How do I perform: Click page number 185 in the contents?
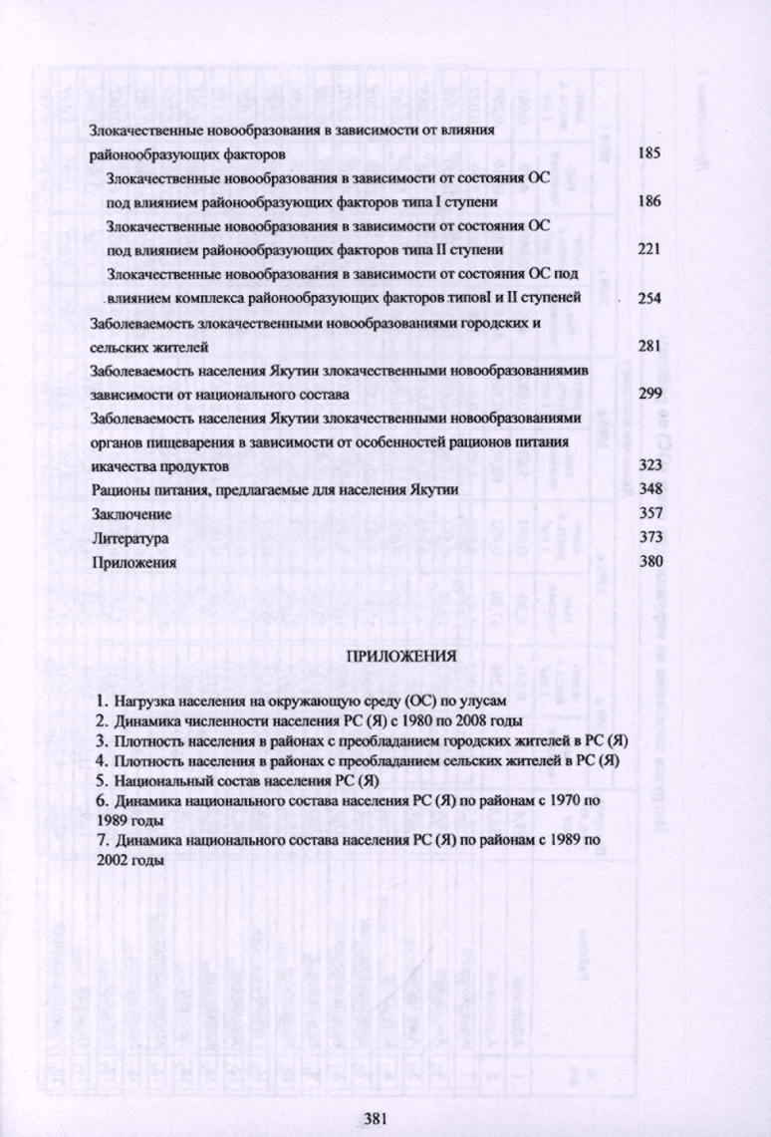tap(649, 155)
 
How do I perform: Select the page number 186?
tap(649, 202)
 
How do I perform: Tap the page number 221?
tap(649, 249)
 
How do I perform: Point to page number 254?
tap(649, 299)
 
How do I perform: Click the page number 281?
tap(649, 346)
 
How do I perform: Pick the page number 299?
tap(649, 394)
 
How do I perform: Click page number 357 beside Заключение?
tap(649, 514)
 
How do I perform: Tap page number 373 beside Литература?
tap(649, 538)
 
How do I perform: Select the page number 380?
tap(649, 562)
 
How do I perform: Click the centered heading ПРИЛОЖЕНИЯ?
tap(400, 658)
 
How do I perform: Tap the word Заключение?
tap(131, 514)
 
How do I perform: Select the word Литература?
tap(128, 538)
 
